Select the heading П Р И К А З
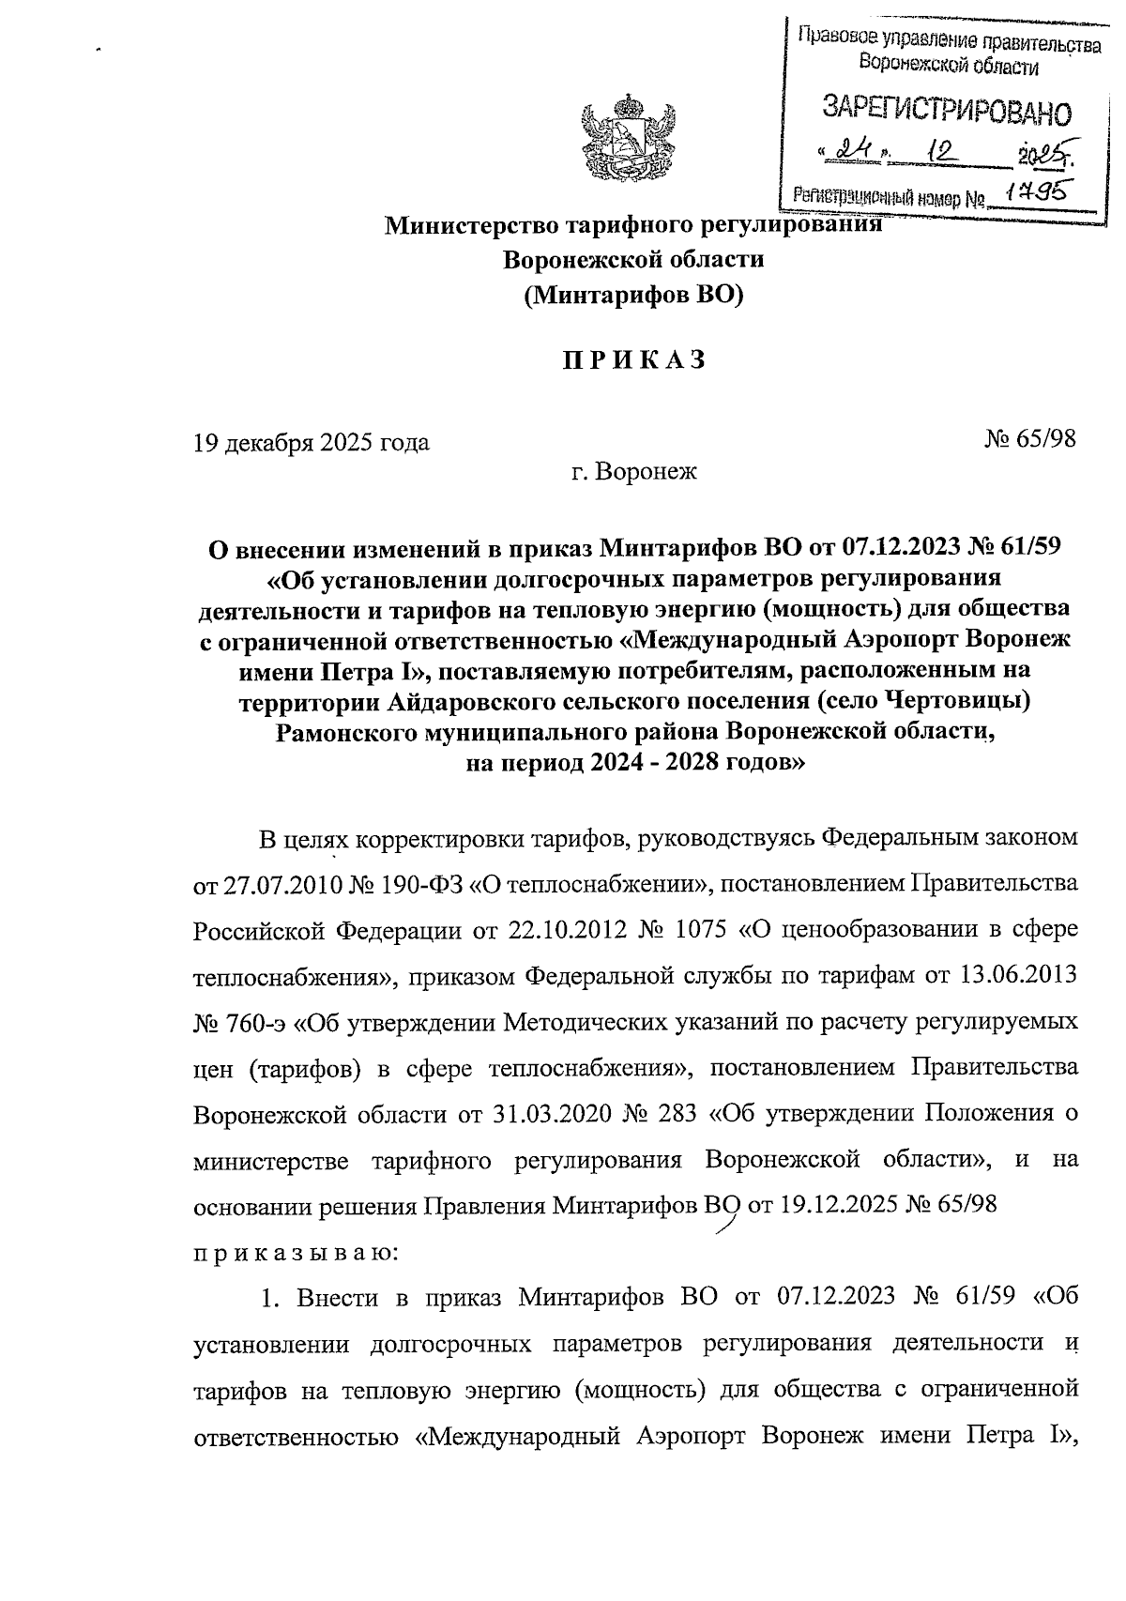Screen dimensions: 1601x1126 click(633, 362)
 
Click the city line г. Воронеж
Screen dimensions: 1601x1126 click(634, 472)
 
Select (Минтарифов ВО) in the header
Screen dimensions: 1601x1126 click(633, 297)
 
